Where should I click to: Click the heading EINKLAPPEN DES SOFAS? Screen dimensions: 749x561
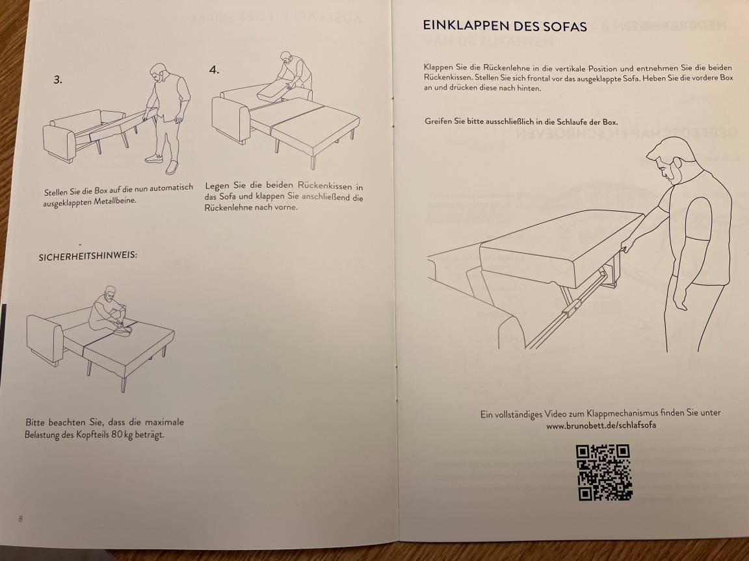[505, 25]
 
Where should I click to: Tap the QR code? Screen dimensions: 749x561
[604, 472]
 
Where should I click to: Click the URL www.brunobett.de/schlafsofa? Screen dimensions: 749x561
[601, 425]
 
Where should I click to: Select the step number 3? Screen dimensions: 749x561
[58, 80]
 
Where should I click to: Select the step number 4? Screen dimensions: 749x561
[214, 69]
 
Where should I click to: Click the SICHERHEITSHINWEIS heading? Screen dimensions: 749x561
[88, 256]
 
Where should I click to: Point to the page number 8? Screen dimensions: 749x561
[21, 519]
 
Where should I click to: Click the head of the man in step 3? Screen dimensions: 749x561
[159, 73]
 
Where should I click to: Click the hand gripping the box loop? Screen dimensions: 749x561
[627, 243]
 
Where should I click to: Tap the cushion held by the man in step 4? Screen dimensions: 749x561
[274, 91]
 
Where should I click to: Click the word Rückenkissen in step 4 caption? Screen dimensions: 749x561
[324, 185]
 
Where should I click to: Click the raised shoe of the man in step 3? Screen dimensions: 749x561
[172, 167]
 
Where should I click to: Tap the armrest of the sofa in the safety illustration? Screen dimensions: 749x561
[45, 338]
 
